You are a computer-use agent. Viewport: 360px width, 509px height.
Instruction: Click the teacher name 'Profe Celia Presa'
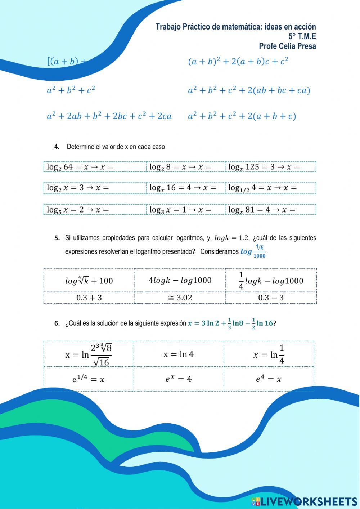point(287,46)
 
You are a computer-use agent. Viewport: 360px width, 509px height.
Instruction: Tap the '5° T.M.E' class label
point(302,36)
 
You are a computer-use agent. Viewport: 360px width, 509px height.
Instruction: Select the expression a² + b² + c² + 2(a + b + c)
point(242,116)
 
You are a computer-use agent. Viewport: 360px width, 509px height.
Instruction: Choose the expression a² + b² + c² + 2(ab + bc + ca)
point(249,90)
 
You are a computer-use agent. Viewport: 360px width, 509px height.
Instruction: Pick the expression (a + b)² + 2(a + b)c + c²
point(238,61)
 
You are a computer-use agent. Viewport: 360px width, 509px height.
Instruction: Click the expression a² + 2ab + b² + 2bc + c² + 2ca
point(109,116)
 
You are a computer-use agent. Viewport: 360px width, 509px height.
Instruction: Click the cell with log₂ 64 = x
point(95,167)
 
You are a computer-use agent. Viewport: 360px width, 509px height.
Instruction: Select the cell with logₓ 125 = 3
point(270,167)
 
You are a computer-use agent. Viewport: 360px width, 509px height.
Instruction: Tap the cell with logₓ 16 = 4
point(185,188)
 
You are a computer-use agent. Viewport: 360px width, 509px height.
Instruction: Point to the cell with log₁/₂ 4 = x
point(270,188)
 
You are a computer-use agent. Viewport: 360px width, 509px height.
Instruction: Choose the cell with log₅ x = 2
point(95,210)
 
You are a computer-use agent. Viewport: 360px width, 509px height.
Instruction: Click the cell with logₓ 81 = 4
point(270,210)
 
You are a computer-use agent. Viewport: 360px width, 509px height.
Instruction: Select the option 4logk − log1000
point(180,280)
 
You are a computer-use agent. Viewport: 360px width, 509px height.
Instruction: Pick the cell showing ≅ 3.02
point(180,298)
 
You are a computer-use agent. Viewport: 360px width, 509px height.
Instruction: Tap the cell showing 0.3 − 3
point(271,298)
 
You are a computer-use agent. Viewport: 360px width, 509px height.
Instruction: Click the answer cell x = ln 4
point(179,354)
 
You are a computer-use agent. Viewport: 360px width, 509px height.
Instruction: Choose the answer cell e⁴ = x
point(269,379)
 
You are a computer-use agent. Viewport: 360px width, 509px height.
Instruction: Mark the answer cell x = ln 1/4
point(269,354)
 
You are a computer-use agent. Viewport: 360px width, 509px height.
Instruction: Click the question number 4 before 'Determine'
point(57,147)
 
